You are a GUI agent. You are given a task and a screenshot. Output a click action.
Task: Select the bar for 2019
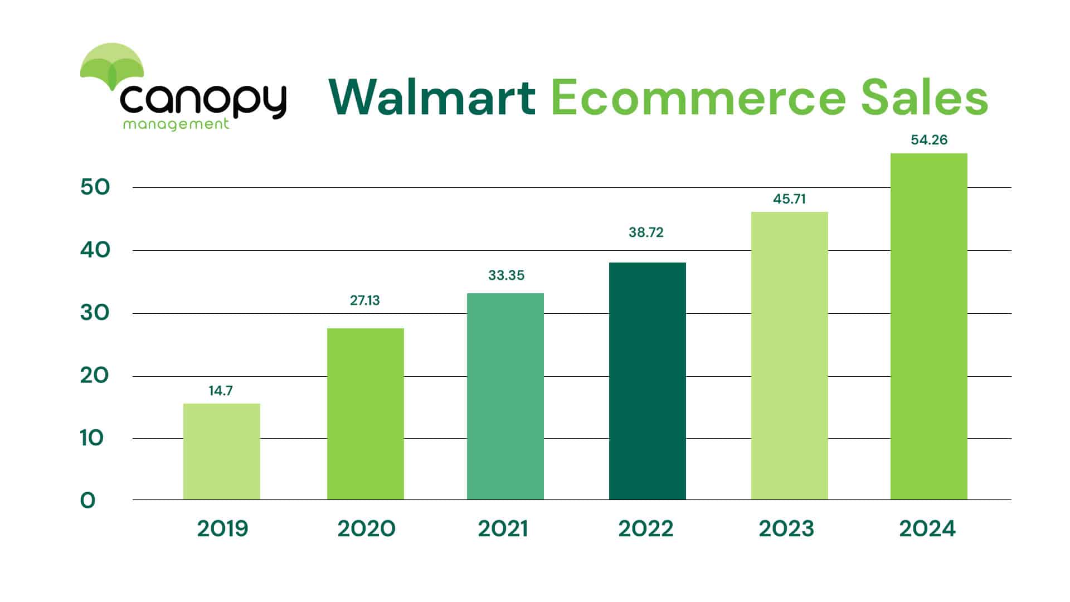tap(221, 452)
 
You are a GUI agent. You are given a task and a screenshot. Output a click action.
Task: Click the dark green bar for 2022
tap(647, 381)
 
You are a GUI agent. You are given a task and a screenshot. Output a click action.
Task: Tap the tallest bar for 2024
tap(928, 327)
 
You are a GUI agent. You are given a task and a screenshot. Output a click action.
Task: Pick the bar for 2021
tap(505, 396)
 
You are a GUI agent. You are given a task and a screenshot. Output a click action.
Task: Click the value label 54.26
tap(929, 140)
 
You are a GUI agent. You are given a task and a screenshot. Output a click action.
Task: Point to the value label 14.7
tap(221, 391)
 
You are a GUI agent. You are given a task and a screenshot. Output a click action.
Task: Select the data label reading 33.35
tap(506, 275)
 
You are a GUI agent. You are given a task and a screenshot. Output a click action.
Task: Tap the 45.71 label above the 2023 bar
tap(789, 199)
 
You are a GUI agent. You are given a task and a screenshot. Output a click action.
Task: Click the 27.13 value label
tap(364, 300)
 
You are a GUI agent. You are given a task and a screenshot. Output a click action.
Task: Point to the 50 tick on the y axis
tap(95, 187)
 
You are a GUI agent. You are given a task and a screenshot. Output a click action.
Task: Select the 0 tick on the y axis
tap(88, 501)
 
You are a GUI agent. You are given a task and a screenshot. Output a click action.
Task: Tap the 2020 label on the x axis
tap(366, 528)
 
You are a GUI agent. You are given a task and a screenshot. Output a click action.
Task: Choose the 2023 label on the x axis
tap(786, 528)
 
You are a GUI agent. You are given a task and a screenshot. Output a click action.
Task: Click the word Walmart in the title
tap(432, 98)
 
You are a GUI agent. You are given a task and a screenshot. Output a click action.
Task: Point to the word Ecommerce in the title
tap(698, 98)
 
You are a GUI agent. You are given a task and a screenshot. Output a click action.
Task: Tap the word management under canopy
tap(176, 124)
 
